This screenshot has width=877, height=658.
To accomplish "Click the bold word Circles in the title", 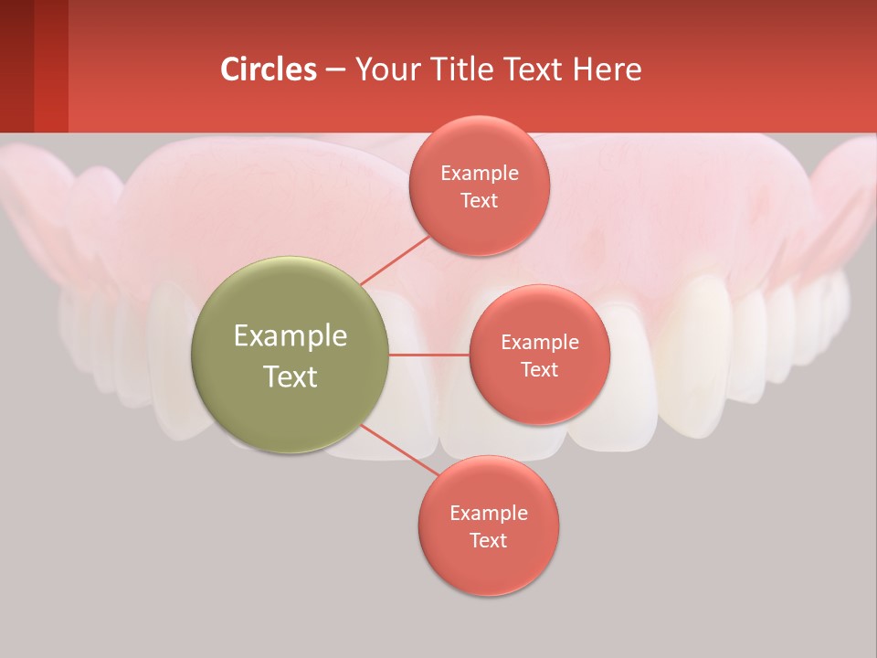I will coord(268,69).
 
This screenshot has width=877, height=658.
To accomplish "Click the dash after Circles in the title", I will coord(335,70).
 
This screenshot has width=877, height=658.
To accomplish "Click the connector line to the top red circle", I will coord(395,259).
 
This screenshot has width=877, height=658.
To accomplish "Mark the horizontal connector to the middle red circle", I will coord(429,355).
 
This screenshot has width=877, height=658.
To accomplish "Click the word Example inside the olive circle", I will coord(291,336).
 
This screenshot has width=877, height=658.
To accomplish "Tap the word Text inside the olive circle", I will coord(291,377).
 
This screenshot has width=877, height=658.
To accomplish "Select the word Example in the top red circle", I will coord(480,174).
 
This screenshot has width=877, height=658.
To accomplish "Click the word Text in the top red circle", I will coord(480,201).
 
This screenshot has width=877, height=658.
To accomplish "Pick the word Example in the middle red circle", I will coord(539,343).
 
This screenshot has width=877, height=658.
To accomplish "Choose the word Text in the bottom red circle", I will coord(489,540).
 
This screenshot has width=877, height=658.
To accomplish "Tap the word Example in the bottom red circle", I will coord(489,513).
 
